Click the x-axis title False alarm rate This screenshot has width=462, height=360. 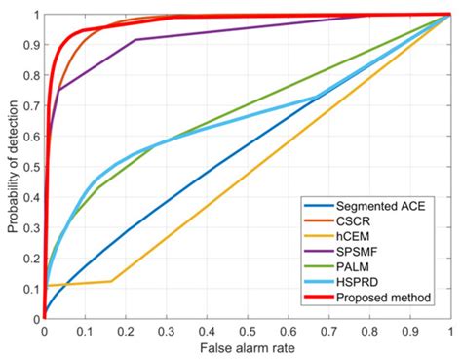coord(247,347)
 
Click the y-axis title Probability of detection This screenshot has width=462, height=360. coord(11,166)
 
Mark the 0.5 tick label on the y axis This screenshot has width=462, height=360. coord(32,167)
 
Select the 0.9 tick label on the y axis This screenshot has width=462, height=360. coord(32,45)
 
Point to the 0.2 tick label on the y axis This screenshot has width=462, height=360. coord(32,258)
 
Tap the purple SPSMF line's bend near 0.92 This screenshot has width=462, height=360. coord(135,40)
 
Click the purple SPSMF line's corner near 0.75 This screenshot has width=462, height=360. coord(59,90)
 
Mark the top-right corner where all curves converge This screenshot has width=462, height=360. coord(450,15)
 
